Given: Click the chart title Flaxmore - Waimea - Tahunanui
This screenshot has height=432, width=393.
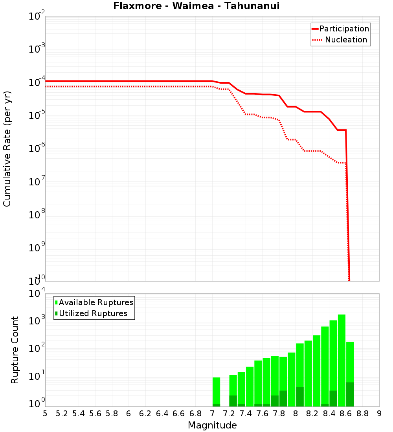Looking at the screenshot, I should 196,6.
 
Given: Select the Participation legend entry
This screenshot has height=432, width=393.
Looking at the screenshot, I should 340,29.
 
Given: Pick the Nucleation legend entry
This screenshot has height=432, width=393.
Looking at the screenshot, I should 340,40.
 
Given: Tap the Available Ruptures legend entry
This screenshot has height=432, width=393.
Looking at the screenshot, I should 94,302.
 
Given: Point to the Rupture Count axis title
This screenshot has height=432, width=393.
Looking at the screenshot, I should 15,350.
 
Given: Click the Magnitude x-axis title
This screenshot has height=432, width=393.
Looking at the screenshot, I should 212,425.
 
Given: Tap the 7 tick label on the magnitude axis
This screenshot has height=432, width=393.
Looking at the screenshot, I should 212,414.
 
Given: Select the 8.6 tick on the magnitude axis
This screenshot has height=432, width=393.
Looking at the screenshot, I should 346,414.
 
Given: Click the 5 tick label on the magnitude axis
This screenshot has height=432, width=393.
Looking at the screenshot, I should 45,414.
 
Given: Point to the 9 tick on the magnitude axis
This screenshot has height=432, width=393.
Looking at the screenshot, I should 379,414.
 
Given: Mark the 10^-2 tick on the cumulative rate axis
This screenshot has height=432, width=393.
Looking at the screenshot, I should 37,16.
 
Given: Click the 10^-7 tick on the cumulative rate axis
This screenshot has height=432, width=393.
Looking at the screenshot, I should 37,182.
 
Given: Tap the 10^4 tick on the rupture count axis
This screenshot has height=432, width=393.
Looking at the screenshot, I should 37,293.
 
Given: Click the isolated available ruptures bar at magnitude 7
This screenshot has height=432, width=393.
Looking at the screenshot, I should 216,391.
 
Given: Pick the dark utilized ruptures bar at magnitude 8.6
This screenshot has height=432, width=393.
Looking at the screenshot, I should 350,394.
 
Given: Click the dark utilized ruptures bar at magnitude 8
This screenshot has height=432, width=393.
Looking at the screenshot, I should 300,397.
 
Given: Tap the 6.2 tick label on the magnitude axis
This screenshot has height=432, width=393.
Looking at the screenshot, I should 145,414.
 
